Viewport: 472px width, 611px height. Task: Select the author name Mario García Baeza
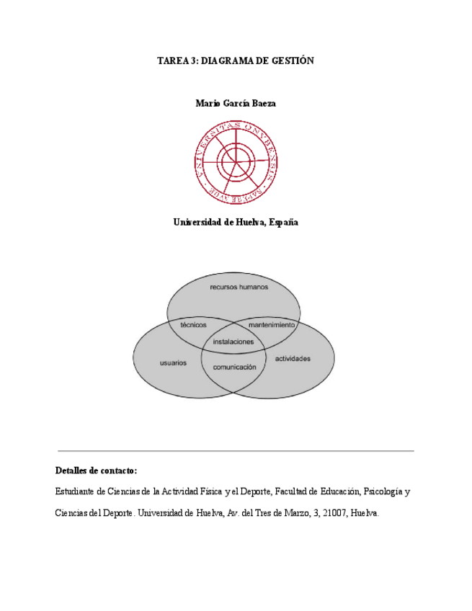click(x=236, y=103)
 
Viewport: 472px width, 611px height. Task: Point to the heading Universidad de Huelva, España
click(x=236, y=223)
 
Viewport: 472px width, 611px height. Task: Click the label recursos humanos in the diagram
click(x=239, y=287)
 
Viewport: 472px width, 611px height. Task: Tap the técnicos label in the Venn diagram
click(x=193, y=325)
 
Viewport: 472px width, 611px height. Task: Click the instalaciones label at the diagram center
click(x=233, y=342)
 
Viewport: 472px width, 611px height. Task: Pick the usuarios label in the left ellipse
click(x=173, y=362)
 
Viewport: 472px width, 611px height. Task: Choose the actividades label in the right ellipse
click(x=293, y=359)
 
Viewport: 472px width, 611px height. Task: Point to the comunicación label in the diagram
click(x=234, y=367)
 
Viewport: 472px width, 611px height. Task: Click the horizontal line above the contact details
click(x=236, y=451)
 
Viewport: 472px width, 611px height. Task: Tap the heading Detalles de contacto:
click(x=96, y=470)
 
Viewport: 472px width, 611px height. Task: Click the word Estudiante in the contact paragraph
click(x=76, y=492)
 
